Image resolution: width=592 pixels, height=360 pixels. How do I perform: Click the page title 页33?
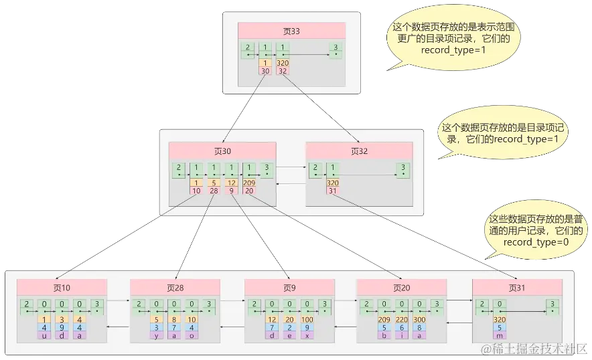(291, 31)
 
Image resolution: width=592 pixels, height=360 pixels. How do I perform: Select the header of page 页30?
(222, 151)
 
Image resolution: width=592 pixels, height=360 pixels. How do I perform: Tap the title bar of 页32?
(359, 151)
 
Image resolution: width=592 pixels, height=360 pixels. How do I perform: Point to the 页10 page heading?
(62, 288)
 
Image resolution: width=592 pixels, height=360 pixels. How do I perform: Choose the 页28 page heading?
(175, 288)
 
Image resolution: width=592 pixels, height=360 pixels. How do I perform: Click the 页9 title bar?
(289, 288)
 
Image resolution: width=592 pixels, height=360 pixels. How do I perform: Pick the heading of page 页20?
(402, 288)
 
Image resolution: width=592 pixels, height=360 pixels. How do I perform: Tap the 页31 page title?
(517, 288)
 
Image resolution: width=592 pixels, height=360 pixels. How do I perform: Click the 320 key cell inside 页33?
(282, 63)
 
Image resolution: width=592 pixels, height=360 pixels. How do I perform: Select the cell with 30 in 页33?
(265, 71)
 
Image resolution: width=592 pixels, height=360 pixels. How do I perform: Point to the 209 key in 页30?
(248, 183)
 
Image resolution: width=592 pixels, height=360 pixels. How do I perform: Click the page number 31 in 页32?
(332, 191)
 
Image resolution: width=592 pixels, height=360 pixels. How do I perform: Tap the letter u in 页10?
(44, 336)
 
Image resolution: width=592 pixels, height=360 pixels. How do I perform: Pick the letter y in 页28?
(156, 336)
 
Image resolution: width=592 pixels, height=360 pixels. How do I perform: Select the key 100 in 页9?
(307, 320)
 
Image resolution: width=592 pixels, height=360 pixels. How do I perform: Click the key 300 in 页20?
(419, 320)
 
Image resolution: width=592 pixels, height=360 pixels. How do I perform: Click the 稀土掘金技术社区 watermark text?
(536, 349)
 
